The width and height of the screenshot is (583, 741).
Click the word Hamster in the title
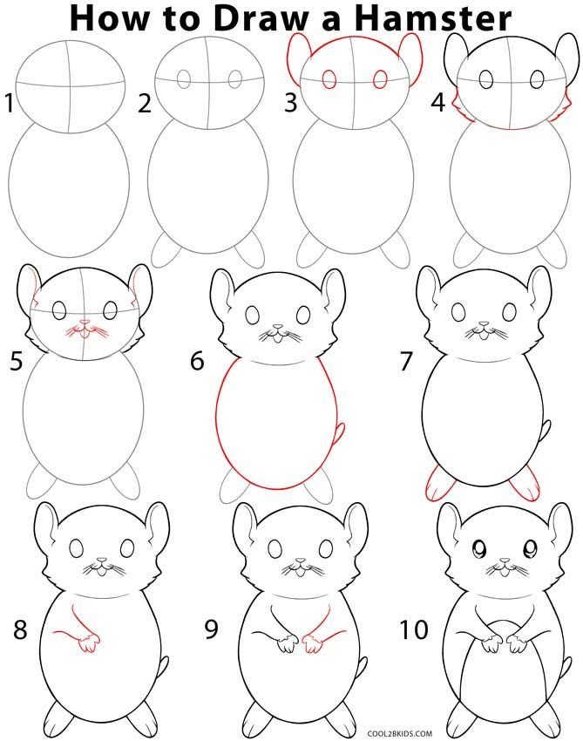pos(433,18)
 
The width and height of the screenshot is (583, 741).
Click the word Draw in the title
pos(258,18)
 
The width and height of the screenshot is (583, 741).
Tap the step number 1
pos(9,104)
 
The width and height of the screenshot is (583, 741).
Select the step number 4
pos(438,104)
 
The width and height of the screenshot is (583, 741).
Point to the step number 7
pos(406,362)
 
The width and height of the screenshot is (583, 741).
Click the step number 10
pos(414,629)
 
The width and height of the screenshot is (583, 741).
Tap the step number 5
pos(16,362)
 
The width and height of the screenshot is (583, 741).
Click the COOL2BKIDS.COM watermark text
pos(400,733)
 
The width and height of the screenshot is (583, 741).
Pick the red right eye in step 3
pos(380,79)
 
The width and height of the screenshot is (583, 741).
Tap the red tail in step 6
pos(339,432)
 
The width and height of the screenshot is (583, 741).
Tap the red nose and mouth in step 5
pos(85,330)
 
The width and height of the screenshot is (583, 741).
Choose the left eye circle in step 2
pos(184,79)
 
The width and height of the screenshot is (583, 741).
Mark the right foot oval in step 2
pos(249,248)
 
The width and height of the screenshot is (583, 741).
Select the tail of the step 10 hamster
pos(566,669)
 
